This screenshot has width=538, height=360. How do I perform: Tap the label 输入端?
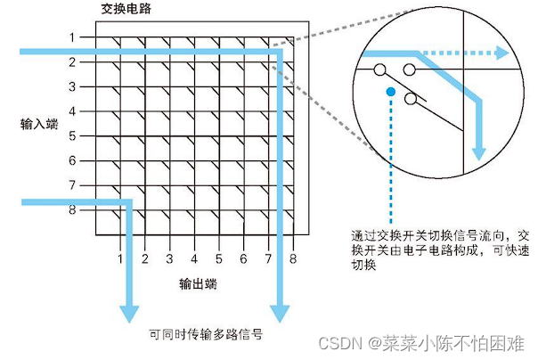click(x=39, y=125)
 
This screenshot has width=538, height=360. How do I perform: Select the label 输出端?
click(x=197, y=285)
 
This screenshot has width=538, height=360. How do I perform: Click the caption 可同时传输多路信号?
click(x=205, y=336)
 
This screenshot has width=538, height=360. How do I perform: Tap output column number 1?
click(x=120, y=259)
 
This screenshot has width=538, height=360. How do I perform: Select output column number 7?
click(x=267, y=259)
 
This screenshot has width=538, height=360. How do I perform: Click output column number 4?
click(x=194, y=259)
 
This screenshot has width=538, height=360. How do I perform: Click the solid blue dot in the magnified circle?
click(x=389, y=91)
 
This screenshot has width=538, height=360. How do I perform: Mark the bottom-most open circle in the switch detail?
click(x=411, y=98)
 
